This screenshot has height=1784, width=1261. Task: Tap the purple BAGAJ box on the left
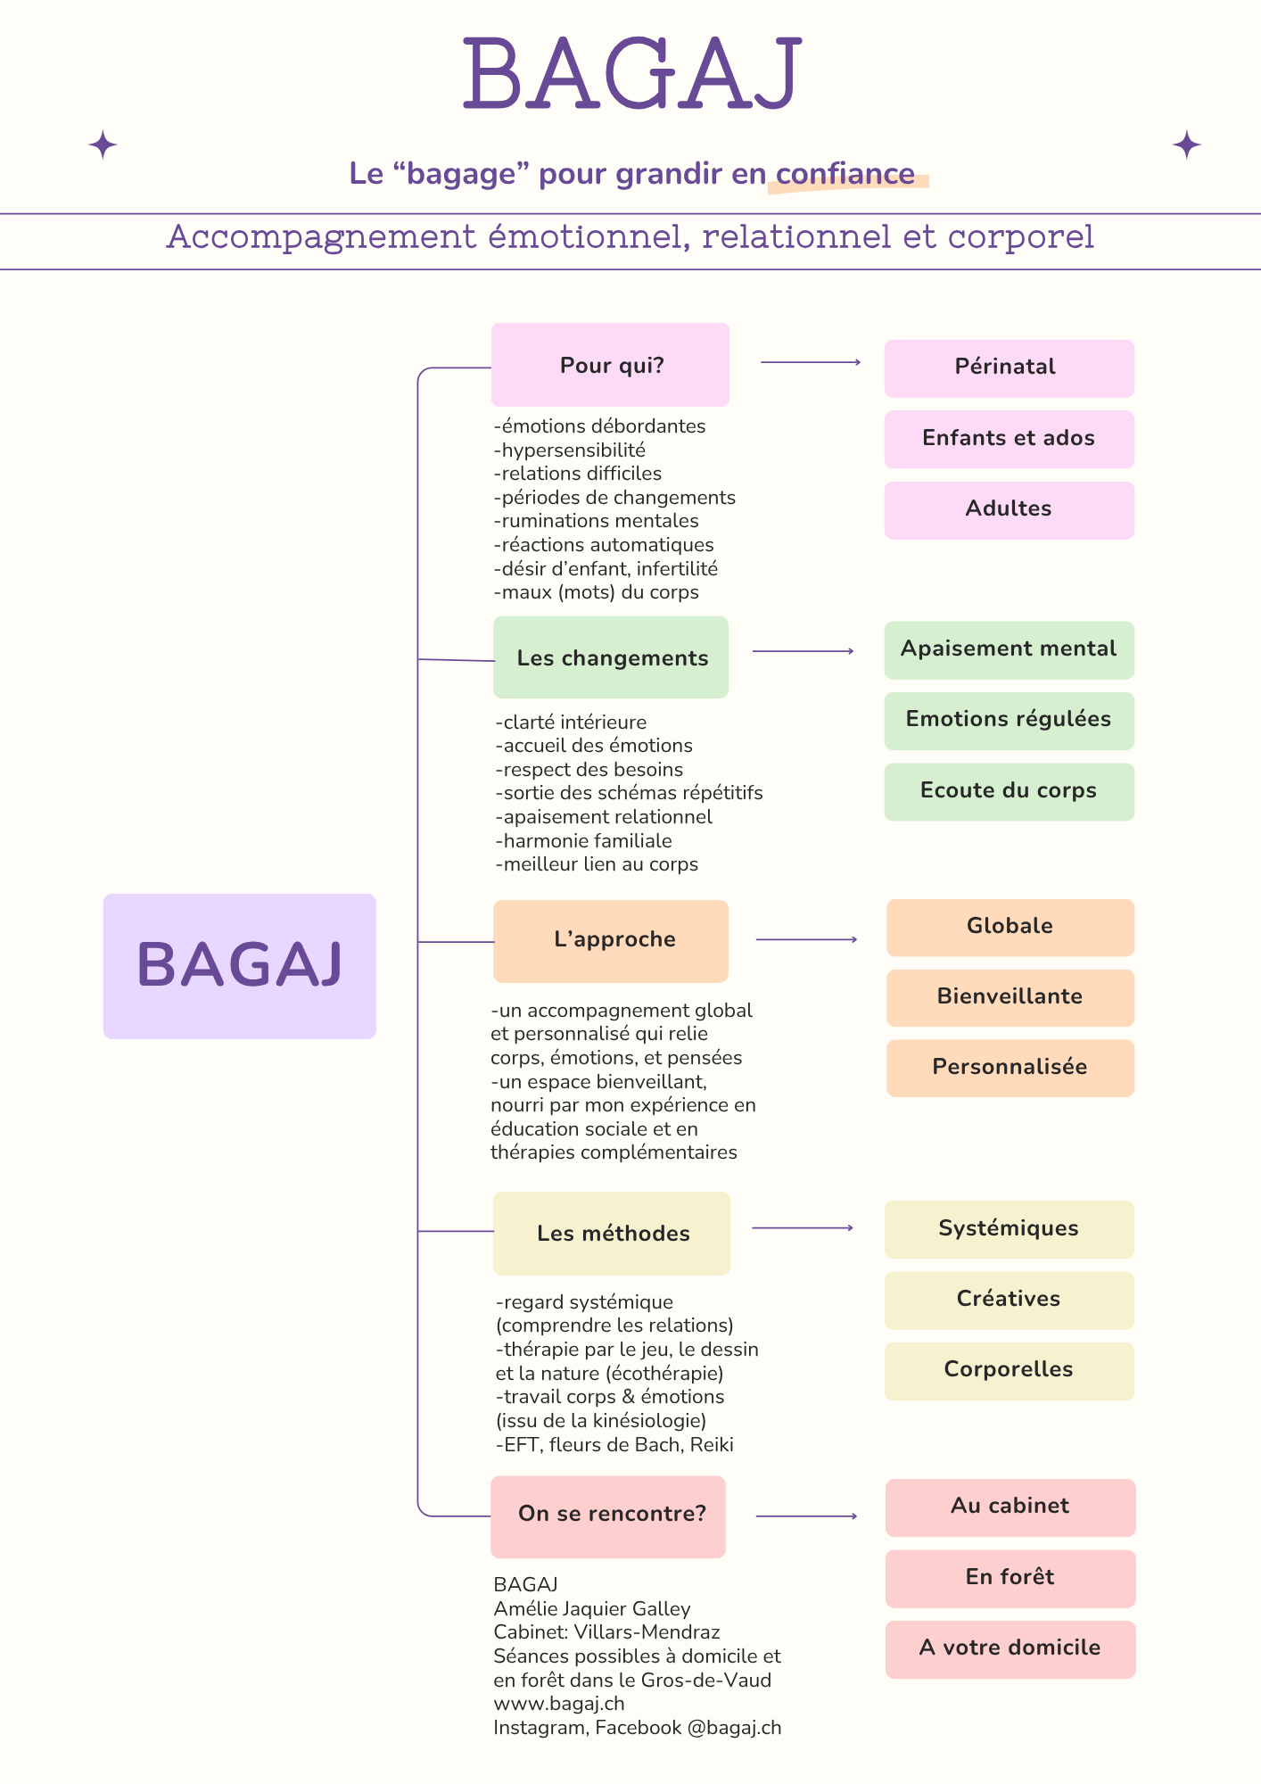pos(239,965)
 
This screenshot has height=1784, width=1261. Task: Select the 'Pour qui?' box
pos(611,365)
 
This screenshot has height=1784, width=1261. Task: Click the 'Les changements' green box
pos(611,657)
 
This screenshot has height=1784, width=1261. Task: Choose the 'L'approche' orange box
pos(611,940)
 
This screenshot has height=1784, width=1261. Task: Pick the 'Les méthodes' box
pos(612,1233)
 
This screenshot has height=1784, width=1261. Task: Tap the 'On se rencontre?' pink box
pos(608,1516)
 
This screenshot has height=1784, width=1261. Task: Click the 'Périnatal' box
pos(1009,368)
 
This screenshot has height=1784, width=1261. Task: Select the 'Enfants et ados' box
pos(1009,439)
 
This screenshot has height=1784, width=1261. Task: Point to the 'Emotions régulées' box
pos(1009,720)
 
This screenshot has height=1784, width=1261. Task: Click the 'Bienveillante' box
pos(1010,997)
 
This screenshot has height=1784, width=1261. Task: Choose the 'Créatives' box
pos(1009,1300)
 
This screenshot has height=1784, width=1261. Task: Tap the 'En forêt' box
pos(1010,1578)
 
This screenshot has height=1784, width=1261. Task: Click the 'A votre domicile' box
pos(1010,1648)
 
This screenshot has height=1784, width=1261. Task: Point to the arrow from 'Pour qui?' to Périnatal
pos(810,362)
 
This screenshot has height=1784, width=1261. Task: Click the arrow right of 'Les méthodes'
pos(803,1228)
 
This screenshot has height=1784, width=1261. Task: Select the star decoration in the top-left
pos(103,145)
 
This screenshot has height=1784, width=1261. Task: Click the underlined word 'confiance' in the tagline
pos(845,174)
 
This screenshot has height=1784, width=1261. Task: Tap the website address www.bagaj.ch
pos(559,1704)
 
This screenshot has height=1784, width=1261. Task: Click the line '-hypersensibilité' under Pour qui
pos(571,450)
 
